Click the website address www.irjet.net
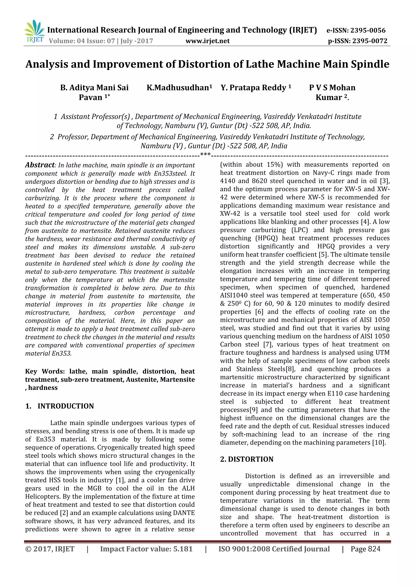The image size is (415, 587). coord(207,41)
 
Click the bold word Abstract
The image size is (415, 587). coord(40,165)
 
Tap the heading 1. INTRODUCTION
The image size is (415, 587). coord(60,406)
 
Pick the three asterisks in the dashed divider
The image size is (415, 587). coord(205,154)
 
